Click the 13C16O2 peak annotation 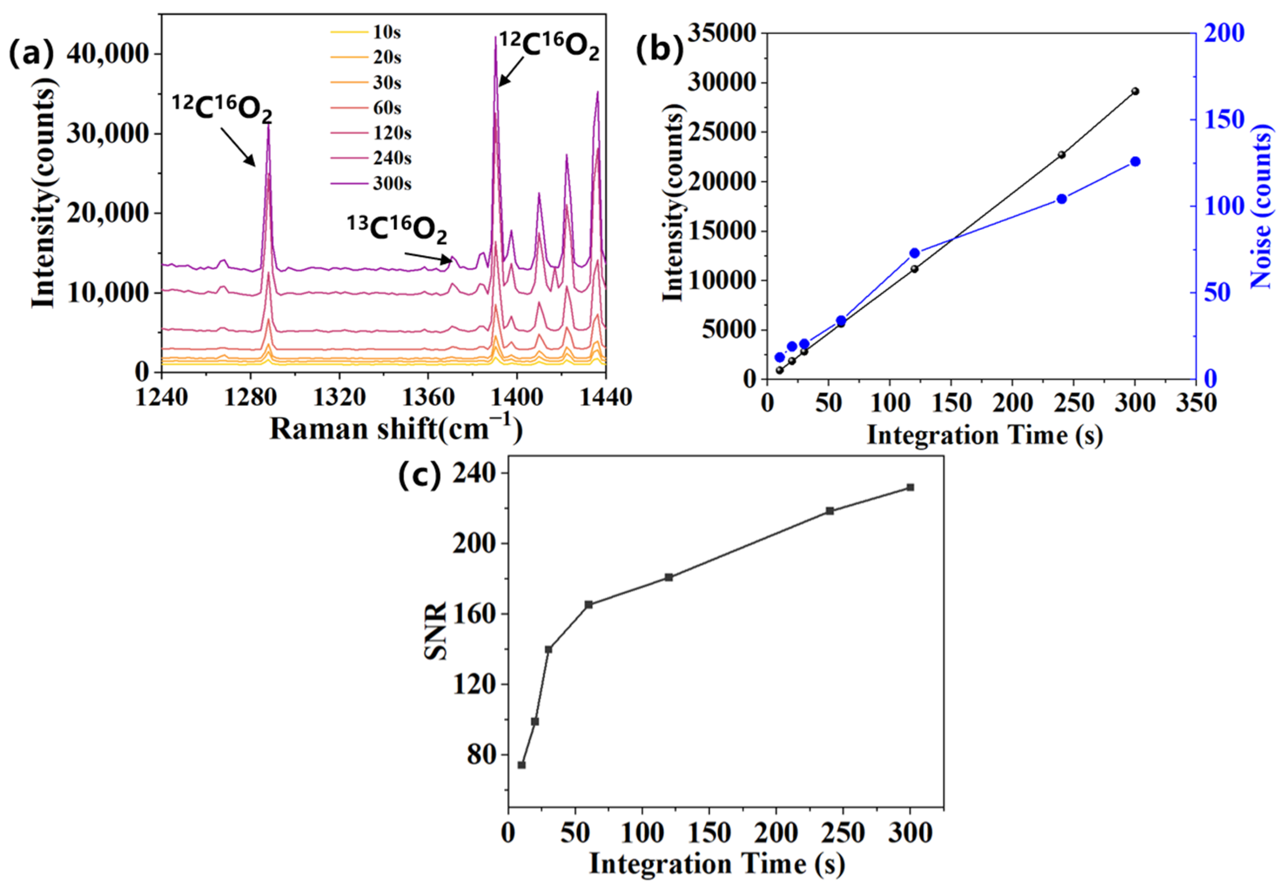click(397, 229)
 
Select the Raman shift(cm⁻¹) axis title click(396, 429)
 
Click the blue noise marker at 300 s click(1135, 162)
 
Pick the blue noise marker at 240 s click(1061, 199)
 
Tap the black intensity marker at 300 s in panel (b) click(1135, 91)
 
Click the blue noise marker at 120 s click(914, 253)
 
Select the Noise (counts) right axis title click(1261, 206)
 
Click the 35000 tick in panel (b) click(723, 33)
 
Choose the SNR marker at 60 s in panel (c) click(589, 605)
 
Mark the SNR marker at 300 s click(910, 488)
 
